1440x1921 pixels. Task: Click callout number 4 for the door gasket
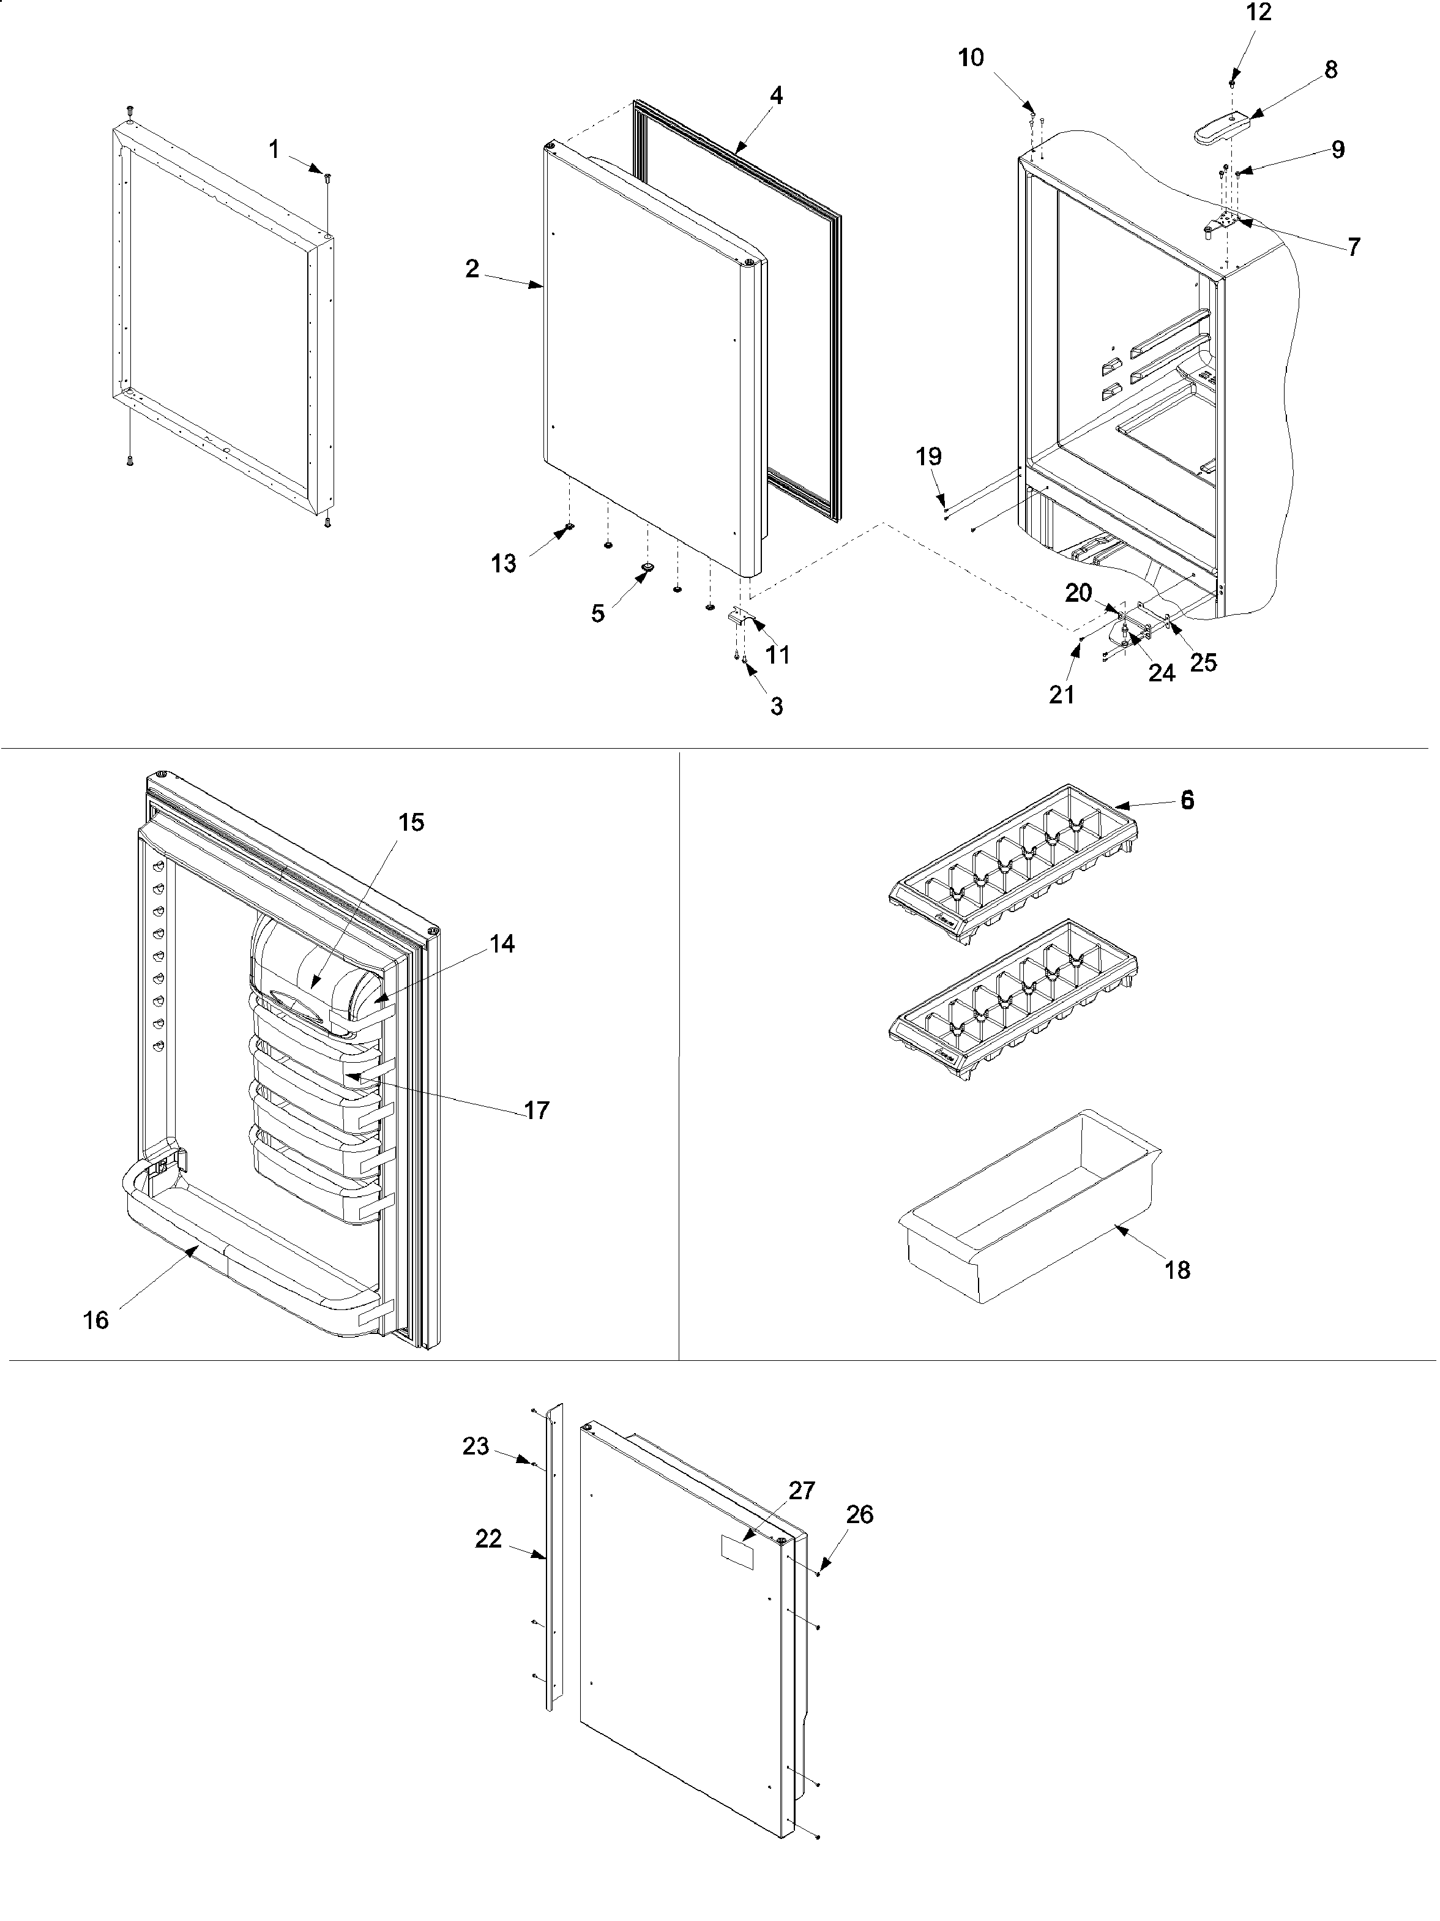(x=776, y=96)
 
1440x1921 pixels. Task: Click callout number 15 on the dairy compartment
(x=411, y=822)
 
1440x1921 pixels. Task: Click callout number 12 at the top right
(x=1259, y=13)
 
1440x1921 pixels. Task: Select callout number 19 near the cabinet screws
(x=929, y=457)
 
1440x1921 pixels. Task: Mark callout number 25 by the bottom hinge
(x=1203, y=662)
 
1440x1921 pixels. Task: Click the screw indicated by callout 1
(x=327, y=178)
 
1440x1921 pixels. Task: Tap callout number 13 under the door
(x=504, y=564)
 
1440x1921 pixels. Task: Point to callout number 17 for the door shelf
(x=537, y=1110)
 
